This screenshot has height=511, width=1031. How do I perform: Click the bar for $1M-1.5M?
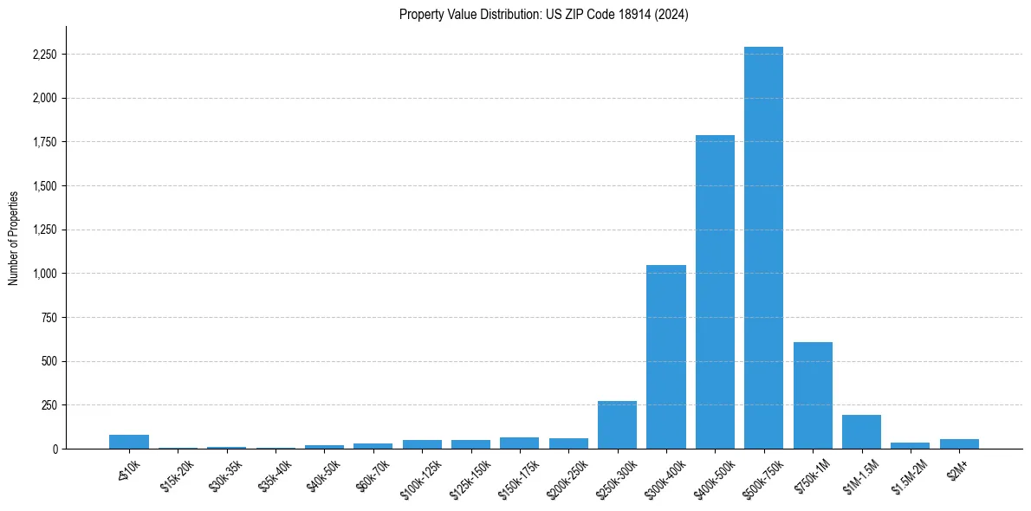(x=861, y=432)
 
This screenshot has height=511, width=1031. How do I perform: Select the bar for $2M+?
(x=959, y=443)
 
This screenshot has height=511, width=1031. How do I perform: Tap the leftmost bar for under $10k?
(x=129, y=442)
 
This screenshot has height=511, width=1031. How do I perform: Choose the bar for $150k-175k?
(x=519, y=443)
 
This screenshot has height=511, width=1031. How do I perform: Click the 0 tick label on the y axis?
(x=55, y=449)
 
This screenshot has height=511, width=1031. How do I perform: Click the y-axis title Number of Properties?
(x=14, y=238)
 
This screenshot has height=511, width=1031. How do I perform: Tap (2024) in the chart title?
(x=673, y=15)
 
